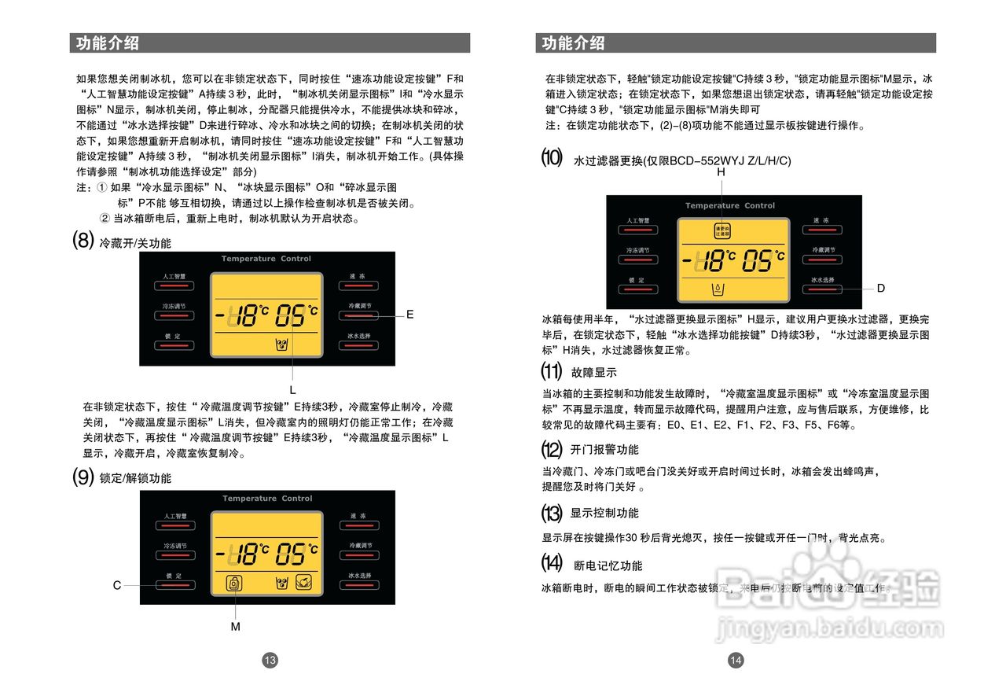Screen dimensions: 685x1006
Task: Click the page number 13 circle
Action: [270, 661]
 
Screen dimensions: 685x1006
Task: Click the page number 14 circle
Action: [736, 661]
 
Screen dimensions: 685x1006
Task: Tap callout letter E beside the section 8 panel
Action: [409, 314]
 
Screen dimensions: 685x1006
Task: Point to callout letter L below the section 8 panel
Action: [292, 390]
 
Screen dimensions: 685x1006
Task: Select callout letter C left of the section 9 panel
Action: [117, 585]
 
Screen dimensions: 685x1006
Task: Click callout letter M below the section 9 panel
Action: [235, 627]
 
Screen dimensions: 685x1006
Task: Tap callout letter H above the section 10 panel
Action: [721, 172]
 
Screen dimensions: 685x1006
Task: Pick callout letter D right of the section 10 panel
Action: [881, 289]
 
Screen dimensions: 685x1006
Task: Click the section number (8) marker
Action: [83, 240]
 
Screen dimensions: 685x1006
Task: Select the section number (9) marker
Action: [83, 477]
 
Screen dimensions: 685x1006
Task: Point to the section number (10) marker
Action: [552, 158]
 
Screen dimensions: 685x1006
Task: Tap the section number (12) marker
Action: [552, 450]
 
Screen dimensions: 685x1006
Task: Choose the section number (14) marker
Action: [552, 563]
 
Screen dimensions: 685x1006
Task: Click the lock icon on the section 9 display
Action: [234, 583]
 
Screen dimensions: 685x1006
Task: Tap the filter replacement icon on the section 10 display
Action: [721, 231]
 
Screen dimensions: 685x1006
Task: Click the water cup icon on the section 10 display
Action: [717, 289]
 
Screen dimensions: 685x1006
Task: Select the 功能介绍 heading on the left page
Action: [108, 43]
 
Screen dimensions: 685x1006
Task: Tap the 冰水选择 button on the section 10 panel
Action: [823, 285]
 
